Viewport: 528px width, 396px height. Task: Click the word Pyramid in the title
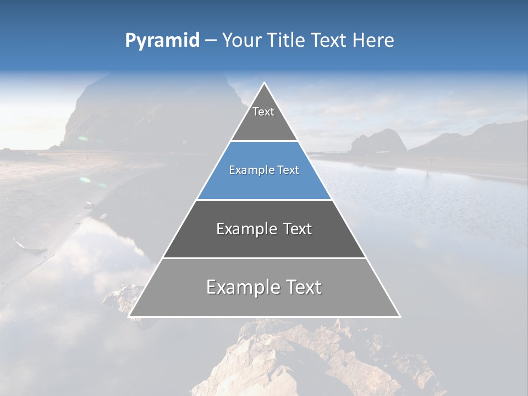pyautogui.click(x=162, y=41)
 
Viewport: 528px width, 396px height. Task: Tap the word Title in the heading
pyautogui.click(x=289, y=40)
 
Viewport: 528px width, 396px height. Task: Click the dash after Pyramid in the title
pyautogui.click(x=211, y=41)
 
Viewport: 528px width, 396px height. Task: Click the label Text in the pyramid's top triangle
pyautogui.click(x=263, y=112)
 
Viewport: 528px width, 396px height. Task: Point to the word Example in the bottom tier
pyautogui.click(x=242, y=287)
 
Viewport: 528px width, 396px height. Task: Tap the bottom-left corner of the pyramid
pyautogui.click(x=129, y=316)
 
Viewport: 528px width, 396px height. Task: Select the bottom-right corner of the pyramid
pyautogui.click(x=400, y=316)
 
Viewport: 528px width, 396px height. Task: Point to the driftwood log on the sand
pyautogui.click(x=30, y=246)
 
